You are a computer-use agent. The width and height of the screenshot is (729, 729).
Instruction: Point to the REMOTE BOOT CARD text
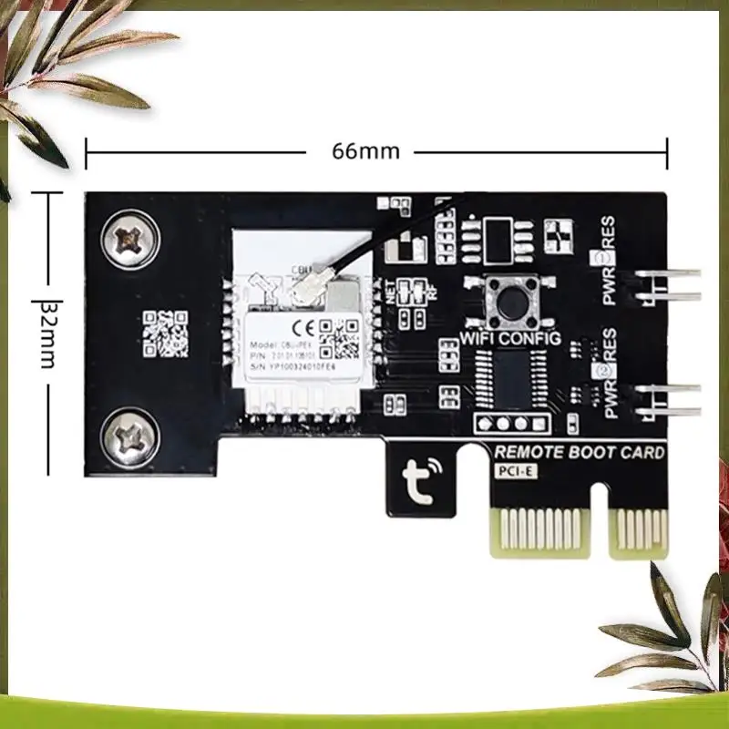click(579, 453)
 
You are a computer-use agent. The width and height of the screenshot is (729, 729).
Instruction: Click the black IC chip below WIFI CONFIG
click(514, 377)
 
